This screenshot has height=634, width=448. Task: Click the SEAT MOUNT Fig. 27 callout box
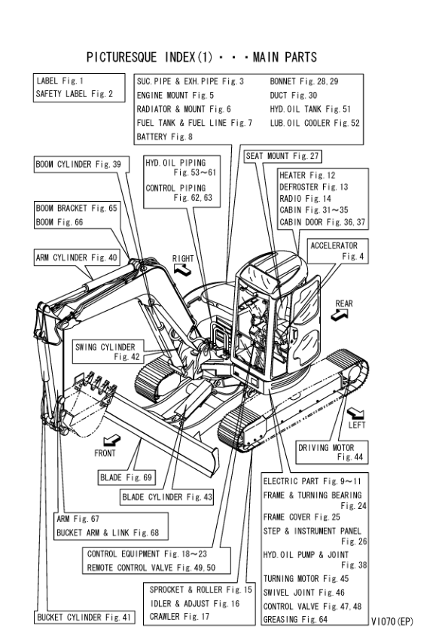point(282,156)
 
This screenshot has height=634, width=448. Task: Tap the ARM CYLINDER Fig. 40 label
point(77,258)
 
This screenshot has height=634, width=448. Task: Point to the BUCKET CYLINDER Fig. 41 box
point(84,617)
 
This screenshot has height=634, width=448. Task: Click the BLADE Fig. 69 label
point(126,477)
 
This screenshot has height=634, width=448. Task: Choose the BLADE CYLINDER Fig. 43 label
point(167,497)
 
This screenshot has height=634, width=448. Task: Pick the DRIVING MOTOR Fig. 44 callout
point(331,453)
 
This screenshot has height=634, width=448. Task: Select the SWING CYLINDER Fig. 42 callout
point(108,352)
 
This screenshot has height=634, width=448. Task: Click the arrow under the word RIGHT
point(182,270)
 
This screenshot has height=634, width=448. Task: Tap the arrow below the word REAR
point(340,315)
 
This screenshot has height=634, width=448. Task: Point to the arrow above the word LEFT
point(356,413)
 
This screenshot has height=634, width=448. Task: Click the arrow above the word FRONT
point(111,440)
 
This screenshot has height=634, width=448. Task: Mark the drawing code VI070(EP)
point(392,621)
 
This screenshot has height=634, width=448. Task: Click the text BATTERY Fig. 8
point(165,137)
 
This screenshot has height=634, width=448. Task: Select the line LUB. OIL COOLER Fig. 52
point(315,123)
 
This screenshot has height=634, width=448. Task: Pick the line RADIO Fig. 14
point(305,199)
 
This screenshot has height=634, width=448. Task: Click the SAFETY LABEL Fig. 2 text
point(75,94)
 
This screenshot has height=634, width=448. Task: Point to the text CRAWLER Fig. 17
point(179,616)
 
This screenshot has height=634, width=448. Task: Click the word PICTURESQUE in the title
point(121,57)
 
